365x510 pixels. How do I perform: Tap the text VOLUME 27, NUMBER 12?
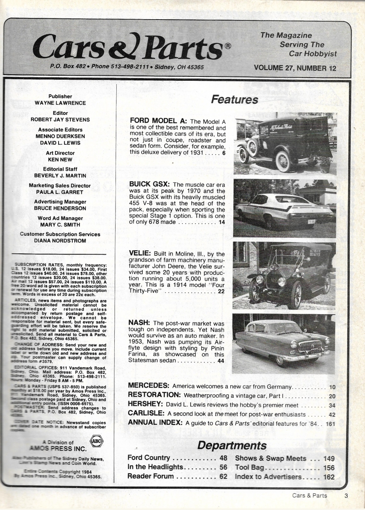295,67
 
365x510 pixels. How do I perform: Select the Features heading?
234,100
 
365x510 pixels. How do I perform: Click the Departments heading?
232,445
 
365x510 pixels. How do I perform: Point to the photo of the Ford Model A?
285,143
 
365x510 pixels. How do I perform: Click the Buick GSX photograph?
285,208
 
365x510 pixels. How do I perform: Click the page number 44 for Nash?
220,361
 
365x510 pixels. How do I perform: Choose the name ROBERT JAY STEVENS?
60,120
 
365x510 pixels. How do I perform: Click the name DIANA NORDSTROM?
60,241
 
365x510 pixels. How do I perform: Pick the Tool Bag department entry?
249,468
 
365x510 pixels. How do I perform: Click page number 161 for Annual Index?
330,423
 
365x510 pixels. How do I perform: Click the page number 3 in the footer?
346,495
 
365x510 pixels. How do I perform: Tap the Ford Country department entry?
149,458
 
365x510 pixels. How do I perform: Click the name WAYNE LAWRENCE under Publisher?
60,103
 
